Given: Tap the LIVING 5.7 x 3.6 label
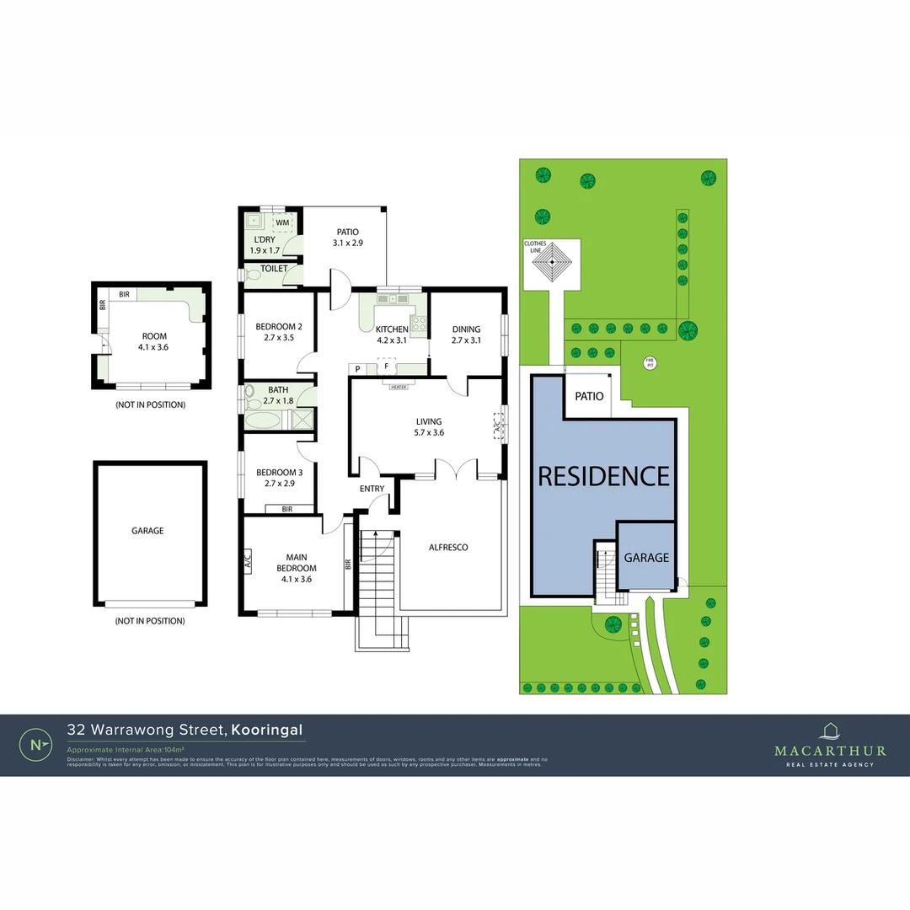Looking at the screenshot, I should pyautogui.click(x=429, y=427).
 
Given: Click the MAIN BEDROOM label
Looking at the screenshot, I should pyautogui.click(x=296, y=562).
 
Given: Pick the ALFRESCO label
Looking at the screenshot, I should pyautogui.click(x=447, y=547).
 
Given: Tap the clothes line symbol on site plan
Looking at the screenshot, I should pyautogui.click(x=552, y=263).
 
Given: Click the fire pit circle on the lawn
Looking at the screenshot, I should pyautogui.click(x=649, y=363).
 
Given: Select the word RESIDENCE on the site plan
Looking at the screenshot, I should pyautogui.click(x=603, y=476).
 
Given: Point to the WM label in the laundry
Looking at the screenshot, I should pyautogui.click(x=282, y=222).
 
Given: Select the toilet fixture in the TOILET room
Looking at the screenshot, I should pyautogui.click(x=250, y=274).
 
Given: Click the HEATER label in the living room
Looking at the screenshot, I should pyautogui.click(x=399, y=387).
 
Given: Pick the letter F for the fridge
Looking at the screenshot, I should pyautogui.click(x=387, y=367).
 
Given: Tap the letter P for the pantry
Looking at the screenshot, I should pyautogui.click(x=358, y=369).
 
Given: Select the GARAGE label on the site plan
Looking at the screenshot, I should pyautogui.click(x=646, y=558).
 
